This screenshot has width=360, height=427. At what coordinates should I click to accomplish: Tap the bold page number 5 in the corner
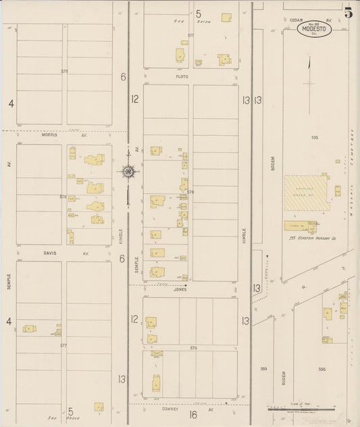pos(349,11)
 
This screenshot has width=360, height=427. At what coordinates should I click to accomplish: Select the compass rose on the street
pos(128,171)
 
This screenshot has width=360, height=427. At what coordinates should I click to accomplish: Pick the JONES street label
pos(180,289)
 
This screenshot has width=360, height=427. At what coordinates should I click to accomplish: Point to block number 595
pos(314,137)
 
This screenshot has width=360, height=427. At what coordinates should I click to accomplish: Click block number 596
pos(322,369)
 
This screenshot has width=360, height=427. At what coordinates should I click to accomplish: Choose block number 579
pos(193,348)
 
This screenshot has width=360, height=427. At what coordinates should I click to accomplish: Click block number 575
pos(65,71)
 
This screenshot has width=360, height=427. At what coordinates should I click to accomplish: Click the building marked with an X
pos(157,353)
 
